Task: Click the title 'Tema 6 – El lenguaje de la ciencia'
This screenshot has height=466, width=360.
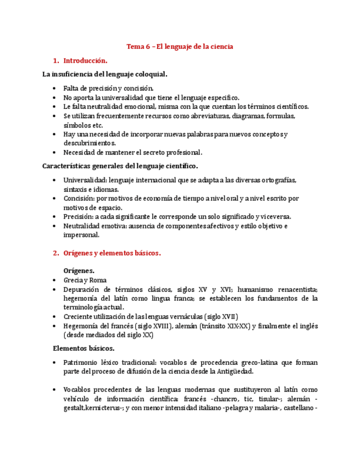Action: point(180,47)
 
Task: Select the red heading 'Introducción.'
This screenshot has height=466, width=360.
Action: point(85,60)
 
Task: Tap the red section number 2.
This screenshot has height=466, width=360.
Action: point(56,253)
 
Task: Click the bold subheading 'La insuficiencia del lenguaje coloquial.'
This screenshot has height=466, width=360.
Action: point(105,74)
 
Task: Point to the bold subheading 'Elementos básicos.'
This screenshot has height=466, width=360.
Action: point(84,348)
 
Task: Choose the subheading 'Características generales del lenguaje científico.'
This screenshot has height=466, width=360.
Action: point(120,166)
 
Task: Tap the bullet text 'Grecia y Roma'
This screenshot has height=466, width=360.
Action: point(85,280)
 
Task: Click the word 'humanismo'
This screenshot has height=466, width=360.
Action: point(258,290)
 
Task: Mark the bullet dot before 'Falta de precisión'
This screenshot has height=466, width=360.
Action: point(53,88)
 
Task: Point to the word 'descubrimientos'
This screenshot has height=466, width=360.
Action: point(89,143)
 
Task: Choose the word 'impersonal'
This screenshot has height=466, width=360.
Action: point(81,235)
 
